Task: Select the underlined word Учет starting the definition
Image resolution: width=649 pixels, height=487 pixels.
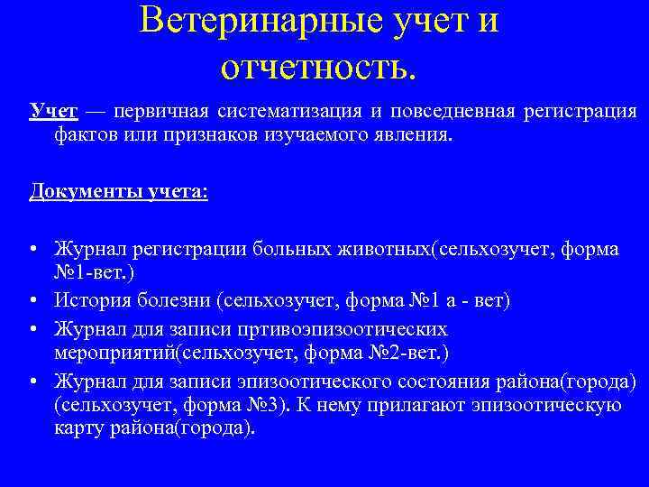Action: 53,112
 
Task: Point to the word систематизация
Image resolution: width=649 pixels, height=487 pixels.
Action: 289,112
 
